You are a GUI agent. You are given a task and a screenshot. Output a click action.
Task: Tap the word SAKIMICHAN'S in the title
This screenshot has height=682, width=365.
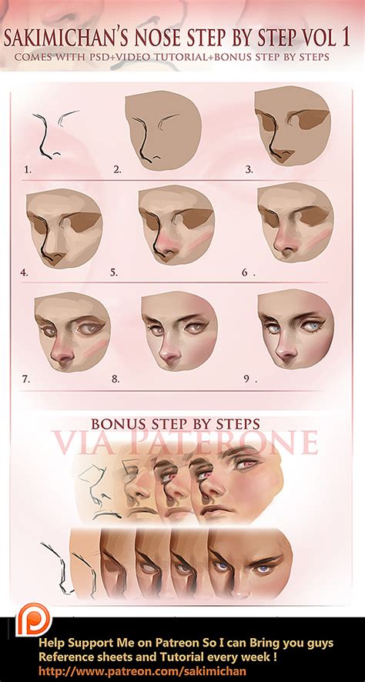(x=68, y=37)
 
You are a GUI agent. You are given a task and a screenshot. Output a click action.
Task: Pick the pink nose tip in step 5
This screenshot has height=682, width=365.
(x=164, y=248)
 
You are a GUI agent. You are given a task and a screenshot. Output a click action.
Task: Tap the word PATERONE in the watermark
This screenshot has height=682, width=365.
(x=248, y=443)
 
